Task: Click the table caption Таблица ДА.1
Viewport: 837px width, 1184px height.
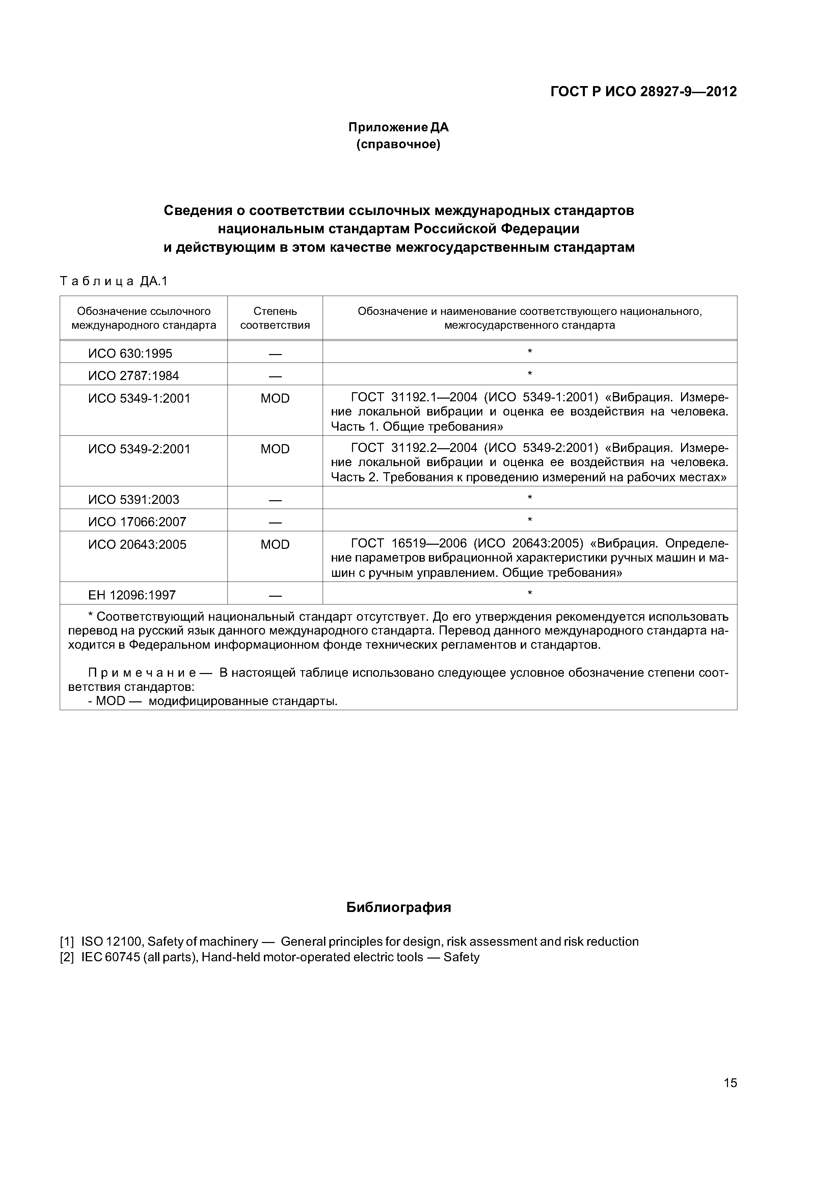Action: (114, 281)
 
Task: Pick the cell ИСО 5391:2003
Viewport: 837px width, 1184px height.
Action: (134, 499)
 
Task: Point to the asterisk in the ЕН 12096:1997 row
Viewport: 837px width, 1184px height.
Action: (530, 594)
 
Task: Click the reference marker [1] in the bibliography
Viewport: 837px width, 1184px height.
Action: (67, 942)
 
